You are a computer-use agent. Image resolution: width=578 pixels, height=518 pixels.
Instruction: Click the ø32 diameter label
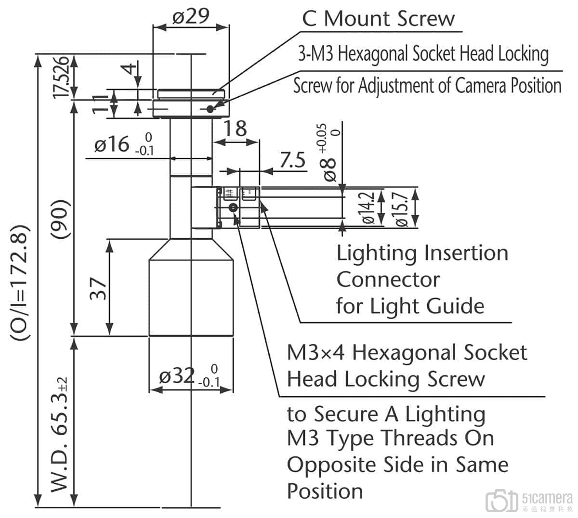(x=177, y=376)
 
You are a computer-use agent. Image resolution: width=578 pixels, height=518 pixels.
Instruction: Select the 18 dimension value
(x=236, y=129)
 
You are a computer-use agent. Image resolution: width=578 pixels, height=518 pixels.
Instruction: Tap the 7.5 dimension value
(x=292, y=160)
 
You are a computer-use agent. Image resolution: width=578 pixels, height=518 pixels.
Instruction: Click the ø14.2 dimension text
(x=369, y=207)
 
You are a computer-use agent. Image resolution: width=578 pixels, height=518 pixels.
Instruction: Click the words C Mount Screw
(x=378, y=19)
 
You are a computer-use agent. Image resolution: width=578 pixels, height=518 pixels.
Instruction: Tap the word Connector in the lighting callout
(x=388, y=279)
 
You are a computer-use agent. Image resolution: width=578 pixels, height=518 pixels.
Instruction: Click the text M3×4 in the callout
(x=315, y=352)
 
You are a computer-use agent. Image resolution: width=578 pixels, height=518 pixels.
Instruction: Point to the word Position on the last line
(x=325, y=491)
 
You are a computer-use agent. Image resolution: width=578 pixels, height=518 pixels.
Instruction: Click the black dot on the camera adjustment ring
(x=210, y=109)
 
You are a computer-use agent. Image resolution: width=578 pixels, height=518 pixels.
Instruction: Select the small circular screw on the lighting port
(x=233, y=207)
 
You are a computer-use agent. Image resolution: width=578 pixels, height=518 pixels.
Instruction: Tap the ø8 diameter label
(x=330, y=168)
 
